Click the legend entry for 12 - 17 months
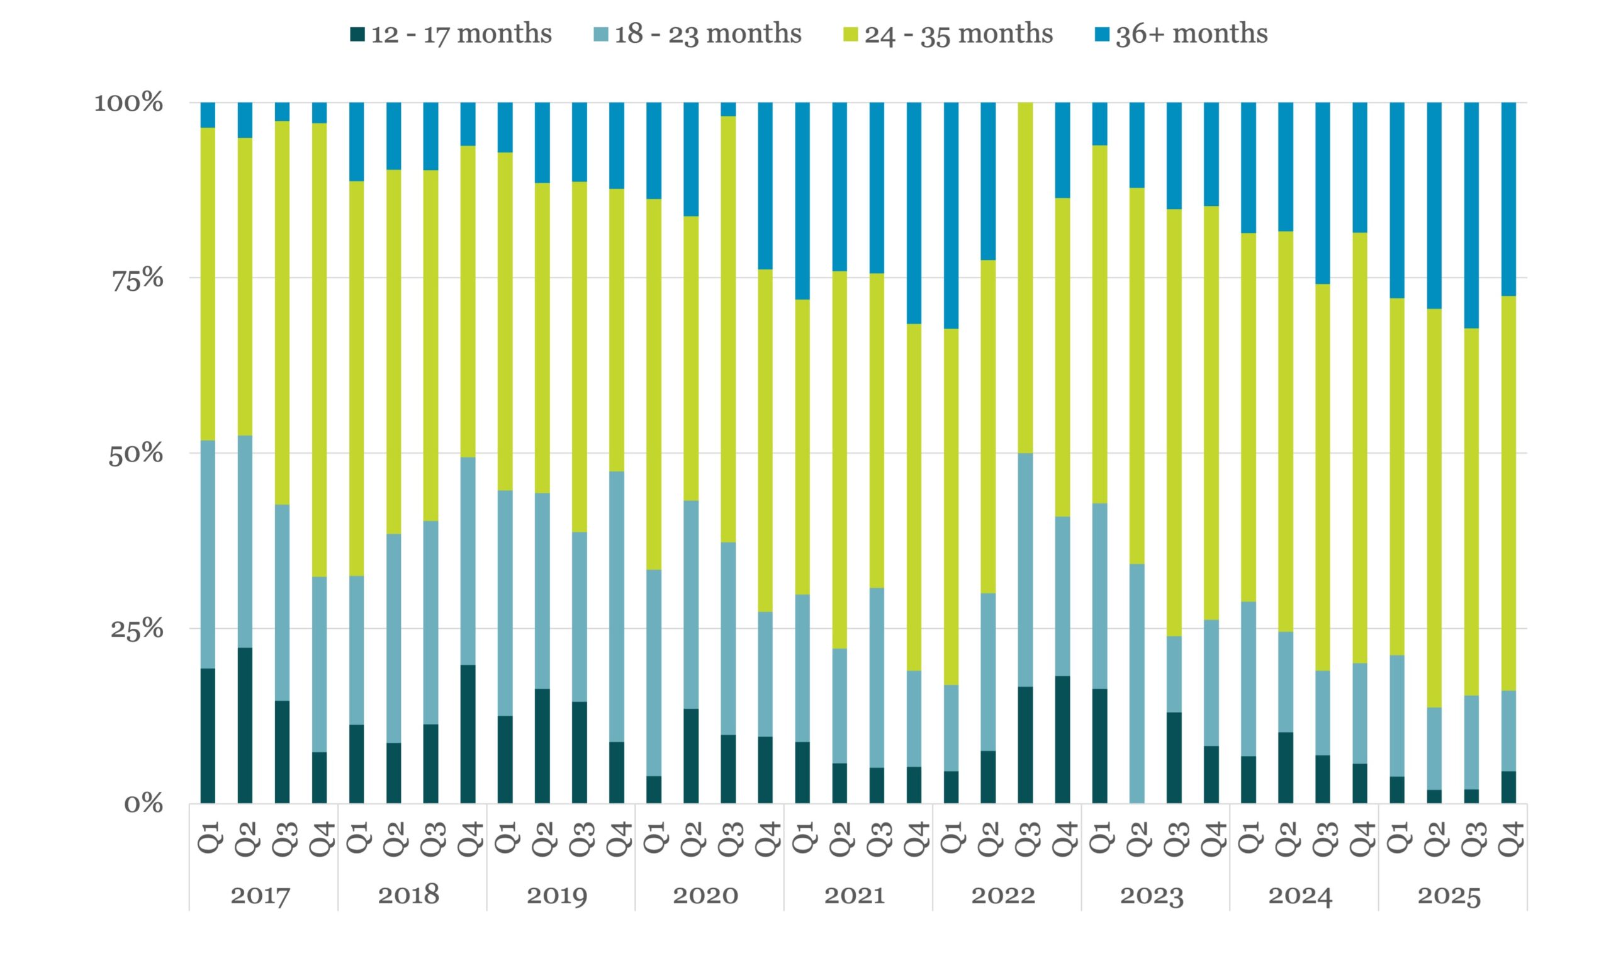[x=451, y=34]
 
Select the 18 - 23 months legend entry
[x=697, y=34]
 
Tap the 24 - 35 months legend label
[x=948, y=34]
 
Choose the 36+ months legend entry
[x=1181, y=34]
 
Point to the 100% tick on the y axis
[x=129, y=103]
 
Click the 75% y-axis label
[x=137, y=278]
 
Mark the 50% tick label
[x=136, y=454]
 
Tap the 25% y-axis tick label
[x=137, y=629]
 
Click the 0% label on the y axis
[x=143, y=804]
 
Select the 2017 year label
[x=260, y=895]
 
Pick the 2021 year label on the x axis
[x=855, y=895]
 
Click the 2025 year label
[x=1449, y=895]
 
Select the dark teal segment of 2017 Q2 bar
[x=245, y=726]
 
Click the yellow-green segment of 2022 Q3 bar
[x=1026, y=278]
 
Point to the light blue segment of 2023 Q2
[x=1137, y=684]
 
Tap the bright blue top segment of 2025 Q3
[x=1472, y=216]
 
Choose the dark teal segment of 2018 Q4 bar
[x=468, y=734]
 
